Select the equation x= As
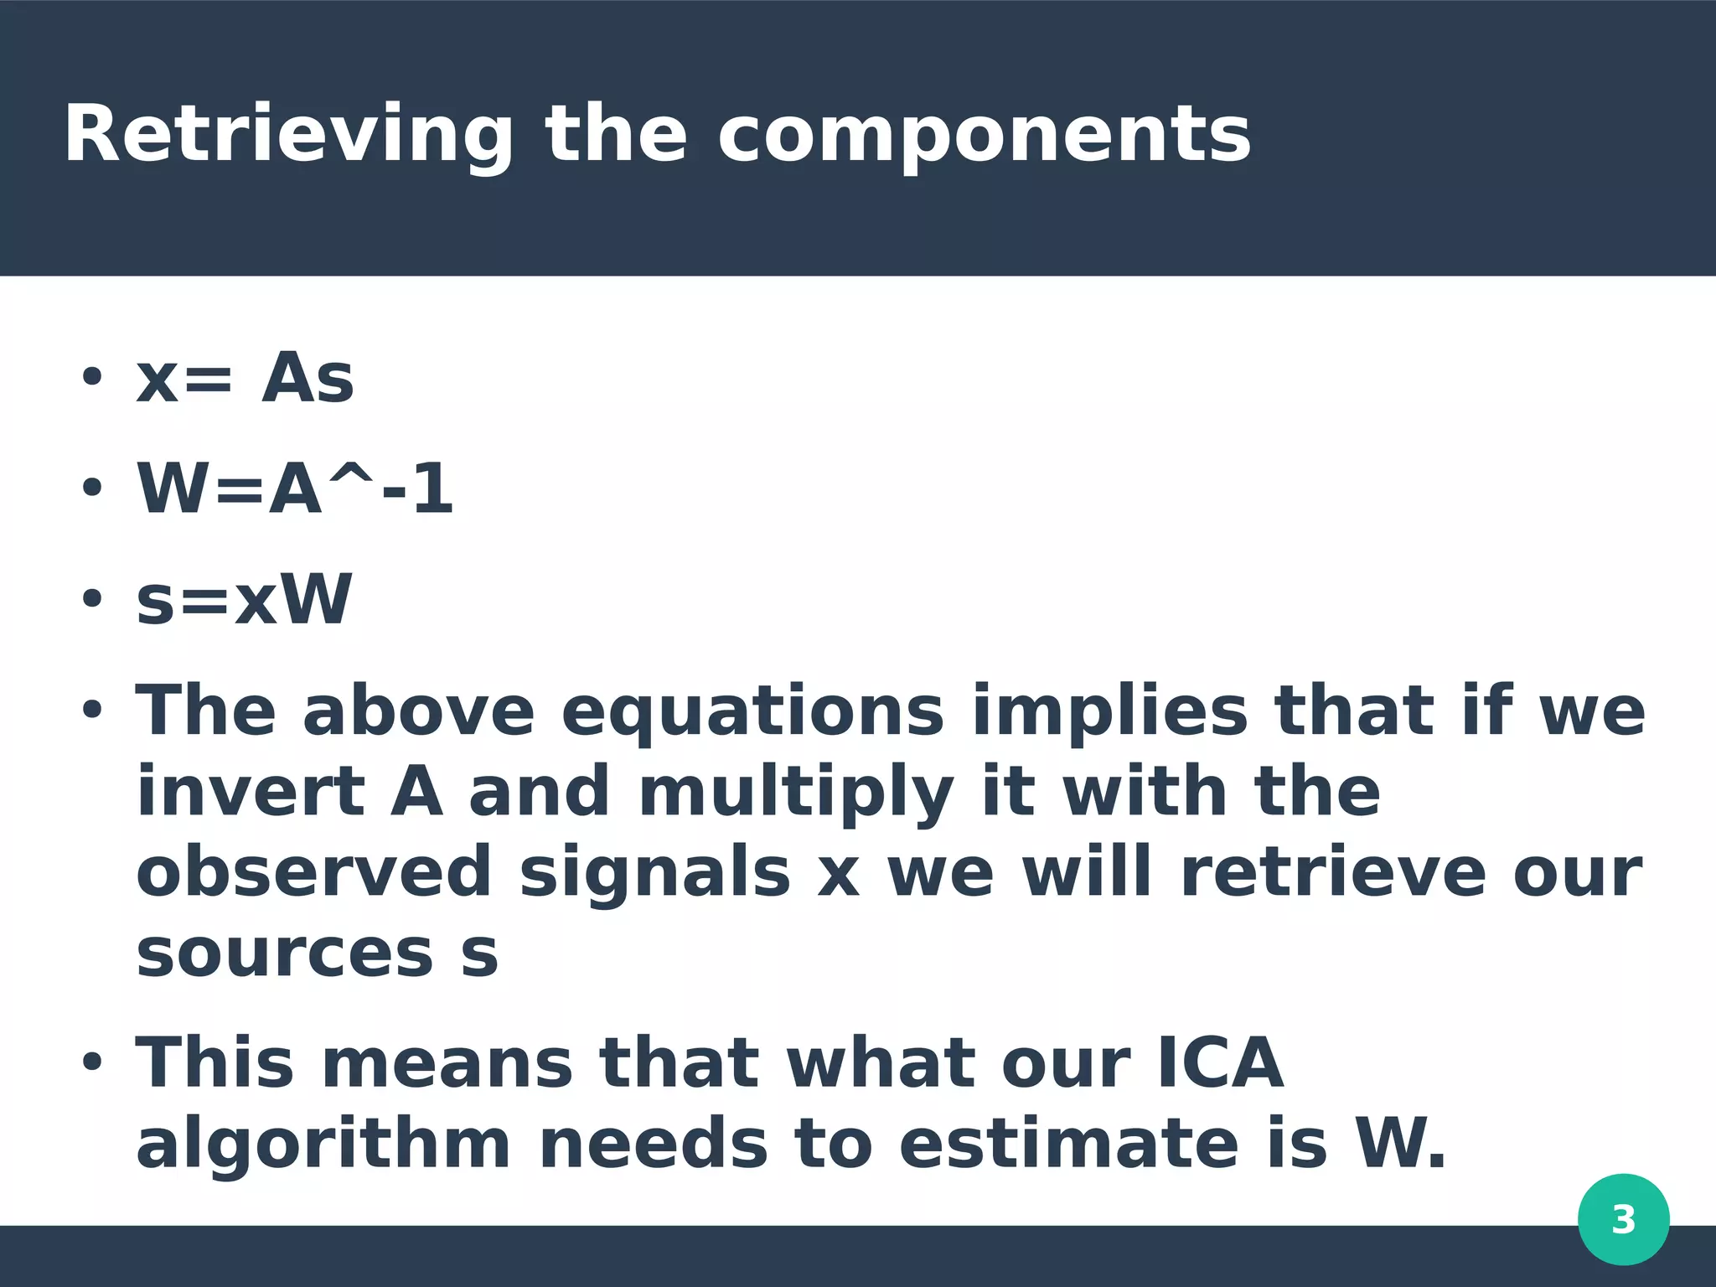(245, 379)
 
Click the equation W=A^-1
(295, 489)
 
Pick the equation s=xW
(244, 600)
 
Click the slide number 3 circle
(1623, 1219)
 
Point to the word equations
(752, 712)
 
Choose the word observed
(313, 872)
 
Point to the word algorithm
(323, 1145)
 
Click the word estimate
(1068, 1145)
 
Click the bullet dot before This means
(91, 1062)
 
